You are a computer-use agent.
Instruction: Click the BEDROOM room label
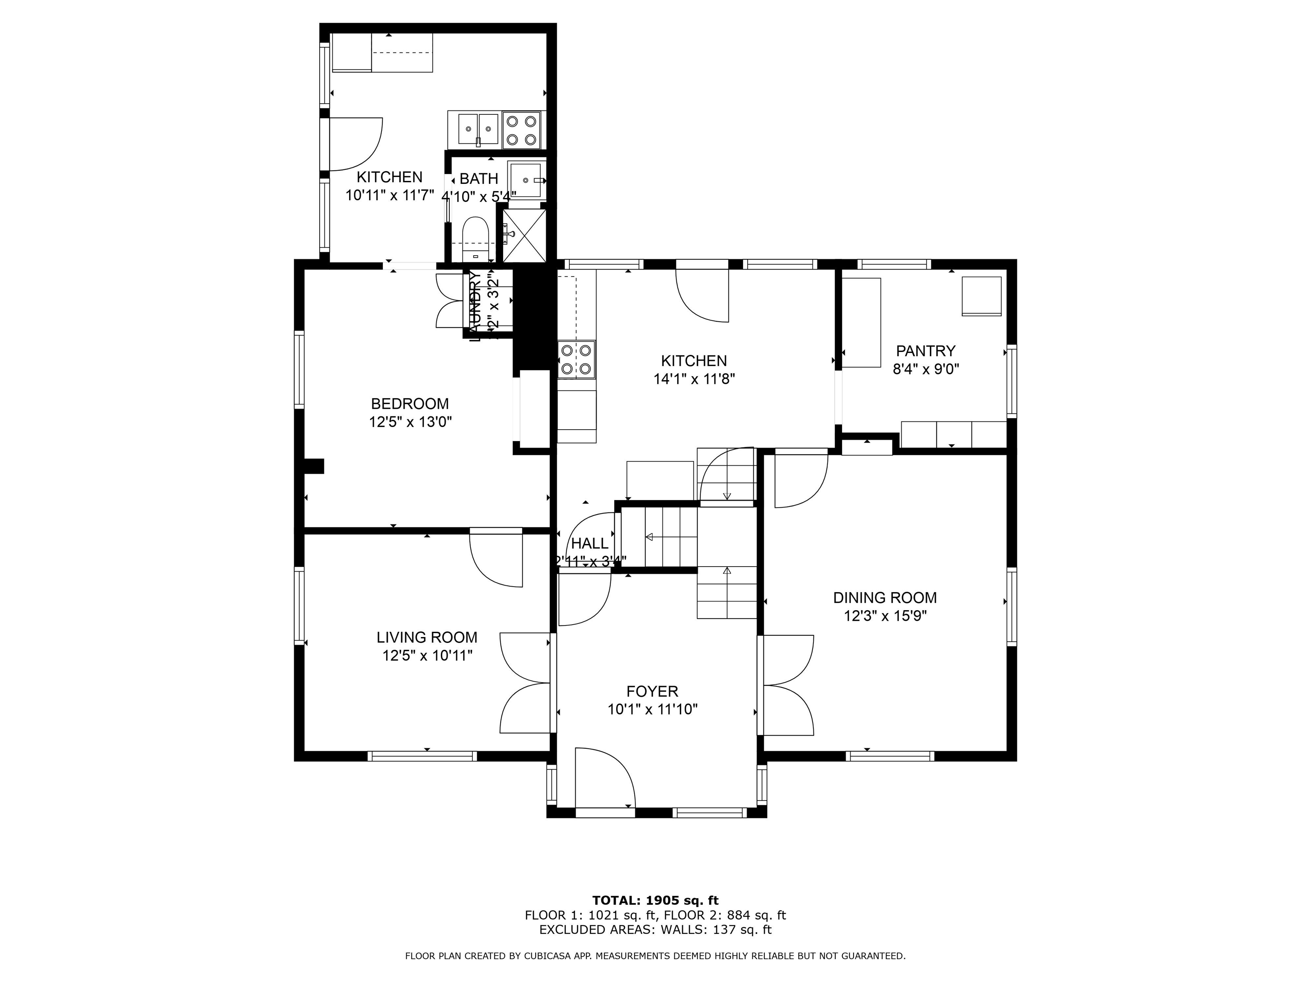[x=410, y=404]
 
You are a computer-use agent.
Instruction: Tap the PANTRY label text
[x=925, y=351]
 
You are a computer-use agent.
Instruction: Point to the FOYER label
[x=652, y=691]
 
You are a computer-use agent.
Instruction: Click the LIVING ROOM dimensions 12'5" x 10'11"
[x=427, y=655]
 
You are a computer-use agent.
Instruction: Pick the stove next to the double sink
[x=521, y=130]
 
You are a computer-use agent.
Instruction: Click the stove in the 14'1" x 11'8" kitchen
[x=576, y=360]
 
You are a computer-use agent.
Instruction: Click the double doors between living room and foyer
[x=525, y=683]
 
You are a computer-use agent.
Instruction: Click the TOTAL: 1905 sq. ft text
[x=655, y=901]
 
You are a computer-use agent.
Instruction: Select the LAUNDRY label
[x=475, y=306]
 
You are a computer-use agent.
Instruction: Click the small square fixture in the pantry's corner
[x=982, y=296]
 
